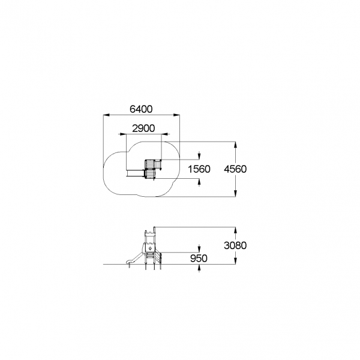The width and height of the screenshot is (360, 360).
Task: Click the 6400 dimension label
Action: pos(141,109)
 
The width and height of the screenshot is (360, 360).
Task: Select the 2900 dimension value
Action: pos(143,128)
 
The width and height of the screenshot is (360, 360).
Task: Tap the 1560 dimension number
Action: pos(199,169)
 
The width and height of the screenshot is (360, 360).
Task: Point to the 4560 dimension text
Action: pos(235,169)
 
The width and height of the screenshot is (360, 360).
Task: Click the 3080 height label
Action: pos(235,245)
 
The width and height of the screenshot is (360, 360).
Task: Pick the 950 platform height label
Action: pos(199,258)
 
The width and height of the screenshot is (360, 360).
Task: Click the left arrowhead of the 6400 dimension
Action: pos(106,115)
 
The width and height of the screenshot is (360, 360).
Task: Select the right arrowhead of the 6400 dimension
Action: pos(176,115)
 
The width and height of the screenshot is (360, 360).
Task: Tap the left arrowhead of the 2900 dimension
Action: pos(123,134)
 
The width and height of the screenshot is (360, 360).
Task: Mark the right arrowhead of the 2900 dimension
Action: pos(164,134)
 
